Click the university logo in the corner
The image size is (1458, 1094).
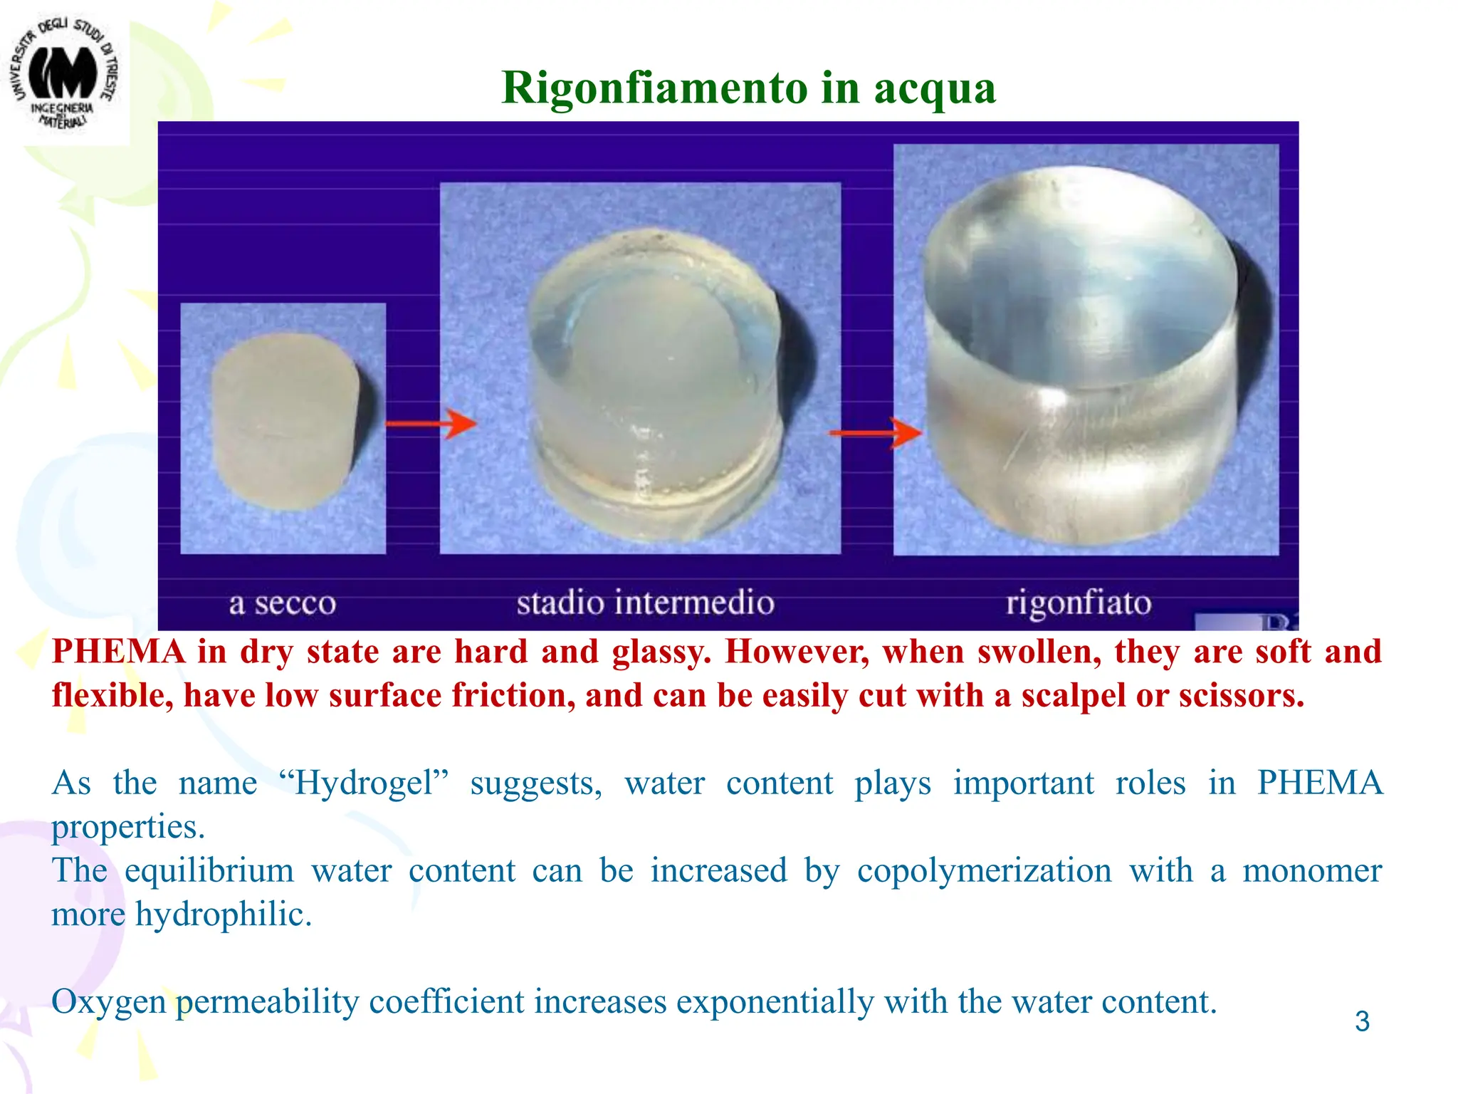pos(64,75)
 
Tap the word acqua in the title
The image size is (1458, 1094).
pos(934,90)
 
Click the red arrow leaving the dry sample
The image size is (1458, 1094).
pos(431,424)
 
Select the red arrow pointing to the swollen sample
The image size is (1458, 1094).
pos(876,432)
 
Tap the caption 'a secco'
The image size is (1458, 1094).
pos(282,603)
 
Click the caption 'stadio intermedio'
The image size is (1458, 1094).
pos(645,603)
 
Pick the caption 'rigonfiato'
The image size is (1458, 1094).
pos(1078,603)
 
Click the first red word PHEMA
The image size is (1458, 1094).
pos(118,652)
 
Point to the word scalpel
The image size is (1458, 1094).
pos(1071,697)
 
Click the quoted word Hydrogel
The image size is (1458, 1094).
pos(364,783)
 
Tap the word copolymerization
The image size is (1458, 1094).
pos(984,870)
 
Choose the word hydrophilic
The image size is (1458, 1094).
pos(223,915)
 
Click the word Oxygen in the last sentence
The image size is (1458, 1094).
pos(108,1003)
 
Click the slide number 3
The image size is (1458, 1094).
pos(1362,1021)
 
